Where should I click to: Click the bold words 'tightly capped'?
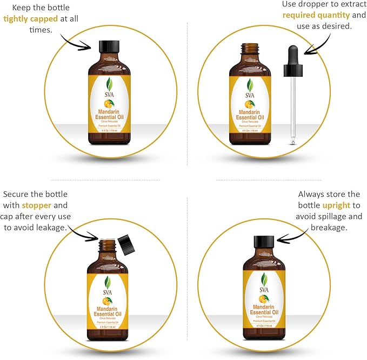pyautogui.click(x=30, y=19)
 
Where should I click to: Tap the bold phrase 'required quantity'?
pyautogui.click(x=316, y=15)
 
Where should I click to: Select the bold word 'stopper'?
pyautogui.click(x=37, y=205)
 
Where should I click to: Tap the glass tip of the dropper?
pyautogui.click(x=292, y=140)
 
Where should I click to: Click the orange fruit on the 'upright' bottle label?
pyautogui.click(x=263, y=299)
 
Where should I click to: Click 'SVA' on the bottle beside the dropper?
pyautogui.click(x=250, y=96)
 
